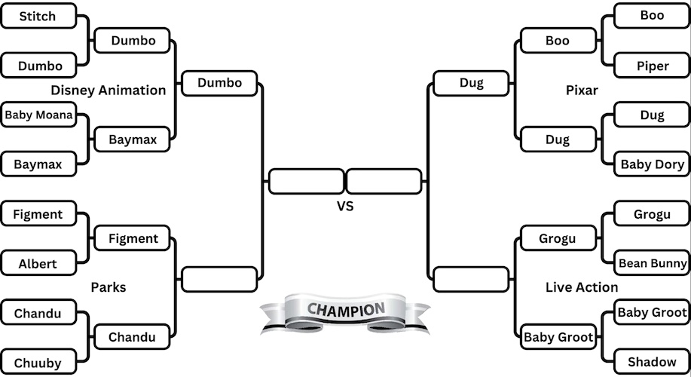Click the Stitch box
point(38,16)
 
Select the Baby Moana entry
point(38,115)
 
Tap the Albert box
point(38,264)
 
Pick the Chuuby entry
point(38,363)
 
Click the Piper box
point(653,66)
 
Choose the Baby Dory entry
point(653,164)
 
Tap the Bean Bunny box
point(653,263)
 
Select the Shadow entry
point(653,362)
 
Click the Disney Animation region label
point(109,90)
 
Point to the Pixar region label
point(582,90)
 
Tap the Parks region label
point(109,287)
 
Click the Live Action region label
point(582,287)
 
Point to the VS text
point(345,205)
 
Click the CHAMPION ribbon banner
point(345,311)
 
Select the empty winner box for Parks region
point(219,279)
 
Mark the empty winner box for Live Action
point(472,279)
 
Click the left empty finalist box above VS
point(306,182)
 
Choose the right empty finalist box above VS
point(384,182)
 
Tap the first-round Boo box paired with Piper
point(653,16)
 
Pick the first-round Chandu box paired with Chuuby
point(38,313)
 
